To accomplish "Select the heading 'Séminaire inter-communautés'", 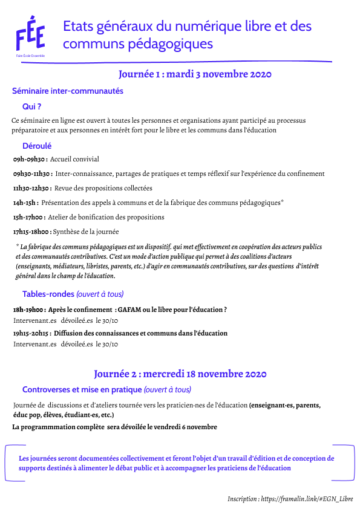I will pos(68,91).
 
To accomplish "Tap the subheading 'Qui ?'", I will pos(31,106).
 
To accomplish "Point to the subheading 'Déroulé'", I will pos(37,146).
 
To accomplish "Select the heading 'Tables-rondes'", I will pos(48,294).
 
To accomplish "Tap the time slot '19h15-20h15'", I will pos(33,333).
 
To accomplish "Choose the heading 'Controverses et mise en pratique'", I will pos(82,390).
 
